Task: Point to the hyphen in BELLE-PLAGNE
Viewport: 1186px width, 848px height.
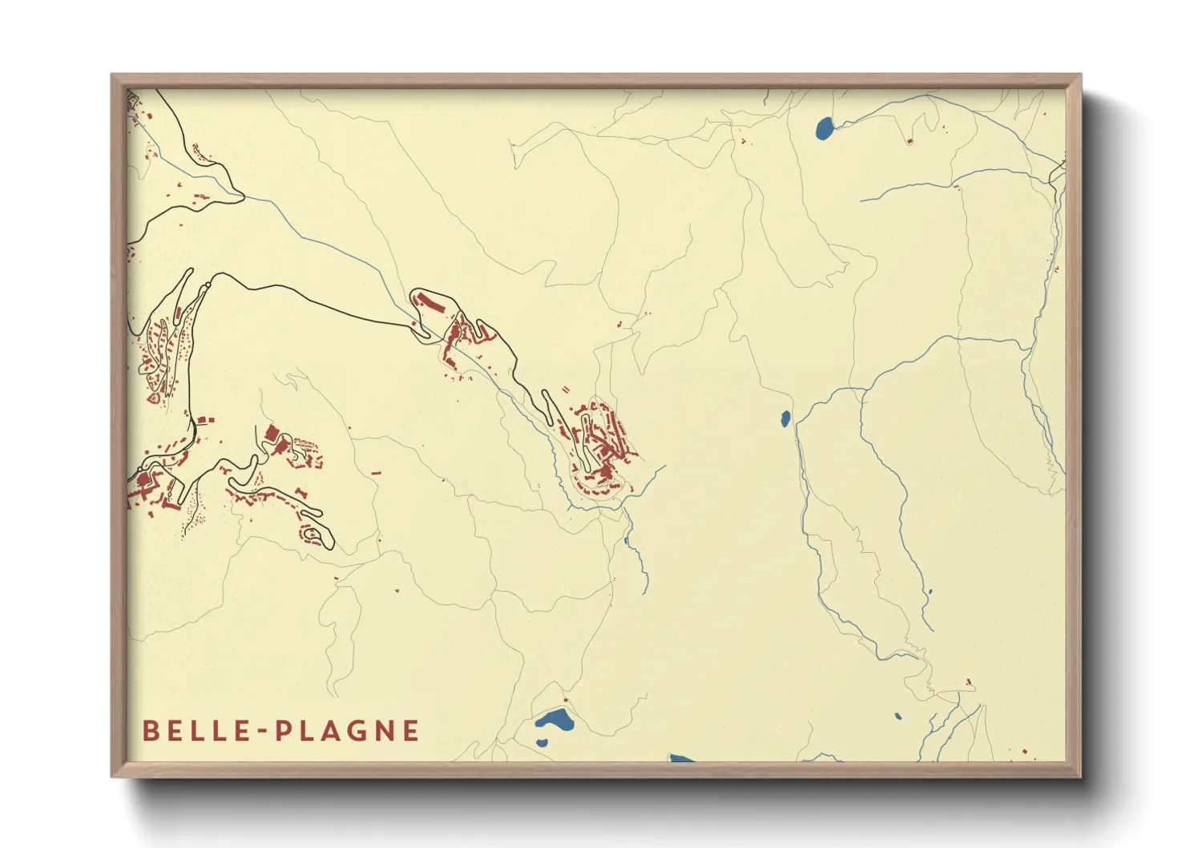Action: (x=260, y=732)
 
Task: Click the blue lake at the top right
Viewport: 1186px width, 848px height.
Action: (x=824, y=128)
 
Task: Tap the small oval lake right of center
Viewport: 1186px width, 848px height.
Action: (x=786, y=418)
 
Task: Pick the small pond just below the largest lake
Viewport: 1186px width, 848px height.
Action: (x=542, y=741)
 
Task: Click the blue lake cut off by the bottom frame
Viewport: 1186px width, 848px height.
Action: (x=681, y=757)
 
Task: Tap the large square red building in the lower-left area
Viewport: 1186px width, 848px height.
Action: (x=271, y=434)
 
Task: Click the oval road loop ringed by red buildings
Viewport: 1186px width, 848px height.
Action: (x=316, y=535)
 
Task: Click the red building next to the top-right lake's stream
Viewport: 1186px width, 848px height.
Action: (x=910, y=141)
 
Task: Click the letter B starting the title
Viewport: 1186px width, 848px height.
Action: (x=149, y=731)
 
